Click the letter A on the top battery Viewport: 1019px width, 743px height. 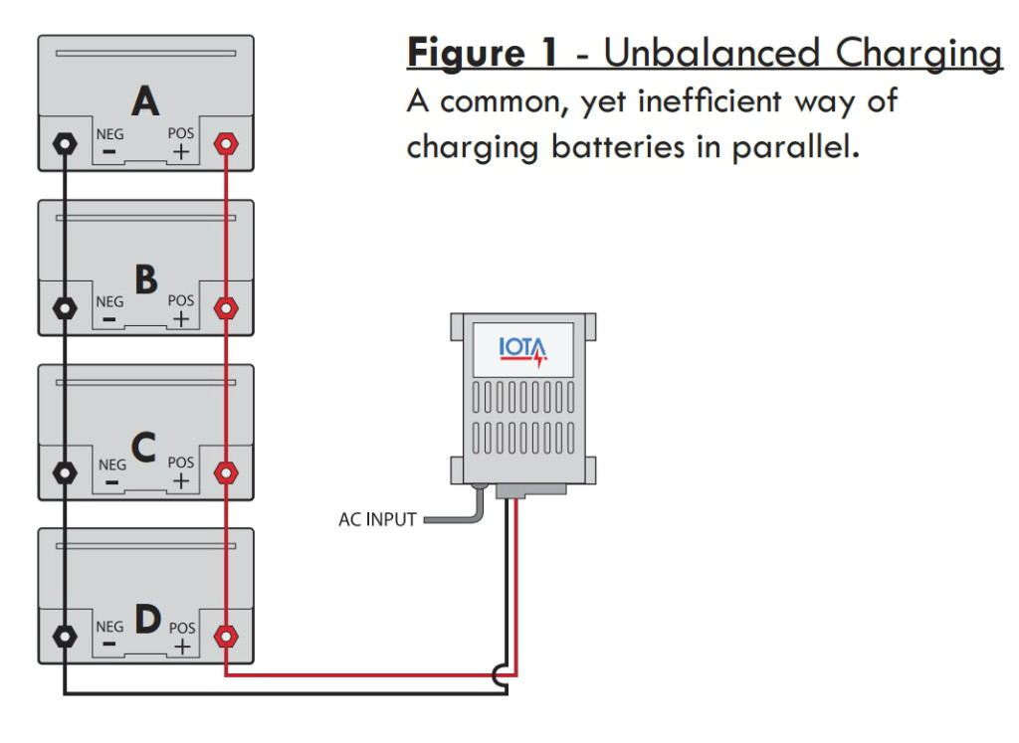[145, 101]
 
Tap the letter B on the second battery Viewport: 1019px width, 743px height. [145, 280]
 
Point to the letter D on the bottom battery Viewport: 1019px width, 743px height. [146, 621]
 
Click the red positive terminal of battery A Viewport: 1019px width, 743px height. [227, 143]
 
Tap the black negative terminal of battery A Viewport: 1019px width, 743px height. [65, 143]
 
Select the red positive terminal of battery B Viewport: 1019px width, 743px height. [227, 308]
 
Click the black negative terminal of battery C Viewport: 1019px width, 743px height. [65, 471]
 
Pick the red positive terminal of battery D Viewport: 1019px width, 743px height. [227, 635]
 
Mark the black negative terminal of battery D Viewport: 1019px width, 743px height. [65, 635]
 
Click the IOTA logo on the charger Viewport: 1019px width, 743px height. [522, 351]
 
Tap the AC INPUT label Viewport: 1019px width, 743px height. [377, 519]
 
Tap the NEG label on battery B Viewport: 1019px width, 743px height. [109, 301]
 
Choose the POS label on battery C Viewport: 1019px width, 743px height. [181, 463]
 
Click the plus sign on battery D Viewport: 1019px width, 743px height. [181, 647]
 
